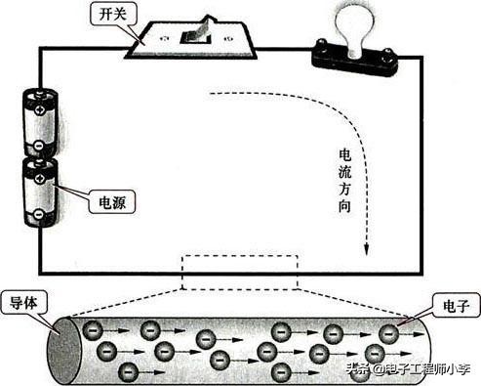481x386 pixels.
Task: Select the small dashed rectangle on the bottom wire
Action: click(238, 272)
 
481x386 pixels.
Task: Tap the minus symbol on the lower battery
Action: click(38, 216)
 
